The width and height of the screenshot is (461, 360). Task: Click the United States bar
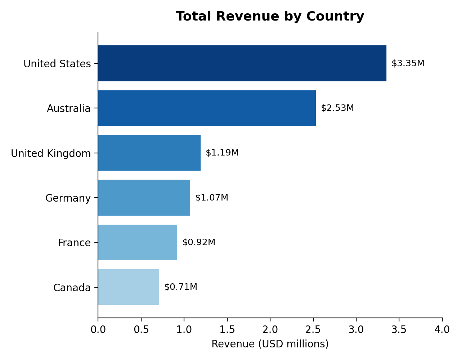click(242, 63)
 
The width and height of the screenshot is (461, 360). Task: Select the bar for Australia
click(207, 108)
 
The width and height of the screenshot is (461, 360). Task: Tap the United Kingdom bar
click(149, 153)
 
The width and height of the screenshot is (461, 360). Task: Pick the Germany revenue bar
click(144, 198)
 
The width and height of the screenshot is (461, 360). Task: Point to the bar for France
click(138, 242)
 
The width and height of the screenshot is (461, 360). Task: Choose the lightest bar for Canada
click(129, 287)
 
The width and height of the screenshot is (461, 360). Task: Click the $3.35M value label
click(408, 63)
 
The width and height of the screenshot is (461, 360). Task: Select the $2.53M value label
click(337, 108)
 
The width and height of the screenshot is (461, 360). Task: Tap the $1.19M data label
click(222, 153)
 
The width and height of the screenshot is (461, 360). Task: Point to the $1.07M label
click(212, 197)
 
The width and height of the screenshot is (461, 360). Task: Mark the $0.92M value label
click(199, 242)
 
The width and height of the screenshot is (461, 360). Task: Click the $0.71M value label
click(181, 287)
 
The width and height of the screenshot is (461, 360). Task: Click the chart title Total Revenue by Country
click(270, 17)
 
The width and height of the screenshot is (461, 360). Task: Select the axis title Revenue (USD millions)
click(270, 344)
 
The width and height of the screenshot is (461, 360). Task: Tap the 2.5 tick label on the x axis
click(313, 330)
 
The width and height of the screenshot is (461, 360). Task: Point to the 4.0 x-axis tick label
click(442, 330)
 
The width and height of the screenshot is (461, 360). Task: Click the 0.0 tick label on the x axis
click(98, 330)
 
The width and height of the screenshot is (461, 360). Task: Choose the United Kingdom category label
click(51, 153)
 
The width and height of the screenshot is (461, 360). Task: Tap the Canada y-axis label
click(72, 288)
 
